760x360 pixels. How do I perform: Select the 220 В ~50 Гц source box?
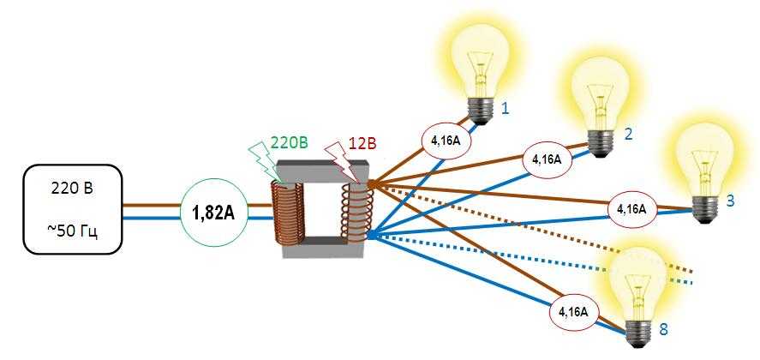point(73,211)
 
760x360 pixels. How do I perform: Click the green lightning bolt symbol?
point(259,159)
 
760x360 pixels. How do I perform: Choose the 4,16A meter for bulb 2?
point(546,159)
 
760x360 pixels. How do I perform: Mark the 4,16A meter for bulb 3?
point(631,208)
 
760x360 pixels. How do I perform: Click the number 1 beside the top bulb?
point(506,109)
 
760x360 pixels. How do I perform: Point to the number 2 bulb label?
point(628,134)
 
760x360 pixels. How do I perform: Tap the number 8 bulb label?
point(663,328)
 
